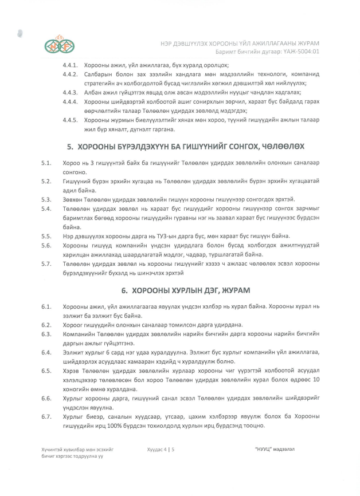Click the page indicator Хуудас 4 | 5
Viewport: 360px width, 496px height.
161,451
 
